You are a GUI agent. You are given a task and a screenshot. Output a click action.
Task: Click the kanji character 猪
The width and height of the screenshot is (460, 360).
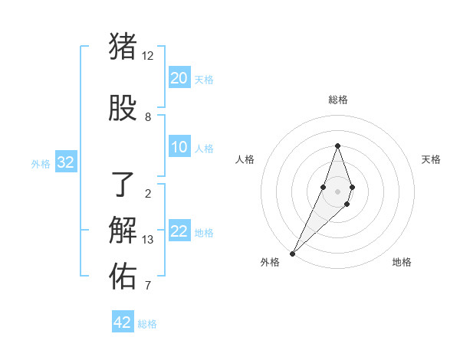pyautogui.click(x=123, y=47)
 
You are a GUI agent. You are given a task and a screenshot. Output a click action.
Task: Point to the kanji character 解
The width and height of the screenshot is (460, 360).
pyautogui.click(x=123, y=231)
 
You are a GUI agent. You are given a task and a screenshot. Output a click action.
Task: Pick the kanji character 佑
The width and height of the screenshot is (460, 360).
pyautogui.click(x=123, y=277)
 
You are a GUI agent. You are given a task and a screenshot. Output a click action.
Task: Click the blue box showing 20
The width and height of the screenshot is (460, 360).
pyautogui.click(x=179, y=78)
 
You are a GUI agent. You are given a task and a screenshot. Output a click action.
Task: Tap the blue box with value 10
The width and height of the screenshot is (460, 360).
pyautogui.click(x=179, y=147)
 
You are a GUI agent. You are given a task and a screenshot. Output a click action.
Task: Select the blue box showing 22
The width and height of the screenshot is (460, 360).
pyautogui.click(x=179, y=231)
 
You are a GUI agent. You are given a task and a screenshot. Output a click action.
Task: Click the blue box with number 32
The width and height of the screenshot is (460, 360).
pyautogui.click(x=65, y=162)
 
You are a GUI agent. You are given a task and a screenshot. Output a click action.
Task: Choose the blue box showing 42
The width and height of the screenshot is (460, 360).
pyautogui.click(x=123, y=322)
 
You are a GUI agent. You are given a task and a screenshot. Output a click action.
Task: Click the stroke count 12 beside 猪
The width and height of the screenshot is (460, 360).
pyautogui.click(x=147, y=56)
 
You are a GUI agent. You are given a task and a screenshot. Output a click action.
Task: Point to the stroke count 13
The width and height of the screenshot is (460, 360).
pyautogui.click(x=147, y=240)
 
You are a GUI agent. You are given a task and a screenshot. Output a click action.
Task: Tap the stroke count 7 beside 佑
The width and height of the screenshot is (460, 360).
pyautogui.click(x=147, y=286)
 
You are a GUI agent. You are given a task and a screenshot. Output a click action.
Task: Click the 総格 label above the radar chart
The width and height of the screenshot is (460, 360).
pyautogui.click(x=337, y=100)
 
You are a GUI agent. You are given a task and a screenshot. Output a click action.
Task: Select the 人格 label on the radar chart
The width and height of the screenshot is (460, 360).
pyautogui.click(x=245, y=159)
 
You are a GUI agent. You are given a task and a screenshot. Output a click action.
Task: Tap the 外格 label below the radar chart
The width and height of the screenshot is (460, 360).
pyautogui.click(x=270, y=262)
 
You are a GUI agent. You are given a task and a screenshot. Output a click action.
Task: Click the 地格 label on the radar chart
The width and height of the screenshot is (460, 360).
pyautogui.click(x=402, y=262)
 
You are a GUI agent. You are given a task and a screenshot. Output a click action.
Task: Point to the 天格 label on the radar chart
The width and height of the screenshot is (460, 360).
pyautogui.click(x=431, y=159)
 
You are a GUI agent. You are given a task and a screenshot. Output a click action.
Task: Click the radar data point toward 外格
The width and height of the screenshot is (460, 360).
pyautogui.click(x=292, y=253)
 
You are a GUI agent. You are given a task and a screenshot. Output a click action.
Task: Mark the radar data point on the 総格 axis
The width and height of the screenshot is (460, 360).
pyautogui.click(x=337, y=146)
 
